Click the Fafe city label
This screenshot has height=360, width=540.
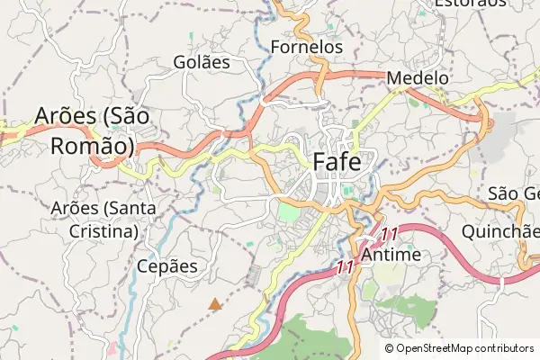coord(337,162)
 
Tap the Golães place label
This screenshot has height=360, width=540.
coord(202,62)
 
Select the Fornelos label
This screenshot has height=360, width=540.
coord(306,45)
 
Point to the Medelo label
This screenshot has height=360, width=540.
coord(418,78)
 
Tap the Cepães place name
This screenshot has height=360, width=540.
coord(166,266)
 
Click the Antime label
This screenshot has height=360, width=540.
coord(391,256)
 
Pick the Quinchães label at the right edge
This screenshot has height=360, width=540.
coord(500,230)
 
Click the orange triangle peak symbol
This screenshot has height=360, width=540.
coord(214,305)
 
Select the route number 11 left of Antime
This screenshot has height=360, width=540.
coord(345,266)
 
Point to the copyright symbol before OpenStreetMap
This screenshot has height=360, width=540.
coord(390,347)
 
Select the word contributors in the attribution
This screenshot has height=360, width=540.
coord(500,347)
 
